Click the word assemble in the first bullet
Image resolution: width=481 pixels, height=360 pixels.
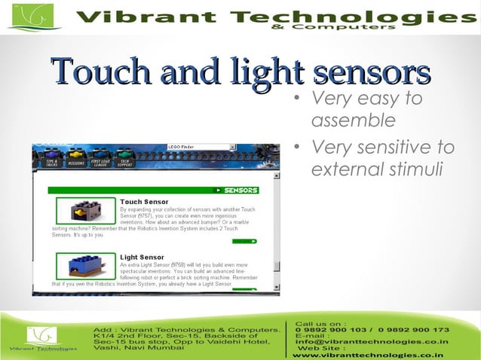pos(353,121)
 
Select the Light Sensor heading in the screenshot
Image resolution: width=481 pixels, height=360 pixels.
pos(141,258)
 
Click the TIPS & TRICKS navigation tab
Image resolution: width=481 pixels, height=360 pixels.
pos(51,162)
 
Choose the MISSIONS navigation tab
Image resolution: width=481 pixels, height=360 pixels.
pos(75,162)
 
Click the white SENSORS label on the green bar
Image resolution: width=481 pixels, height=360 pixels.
pos(240,191)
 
